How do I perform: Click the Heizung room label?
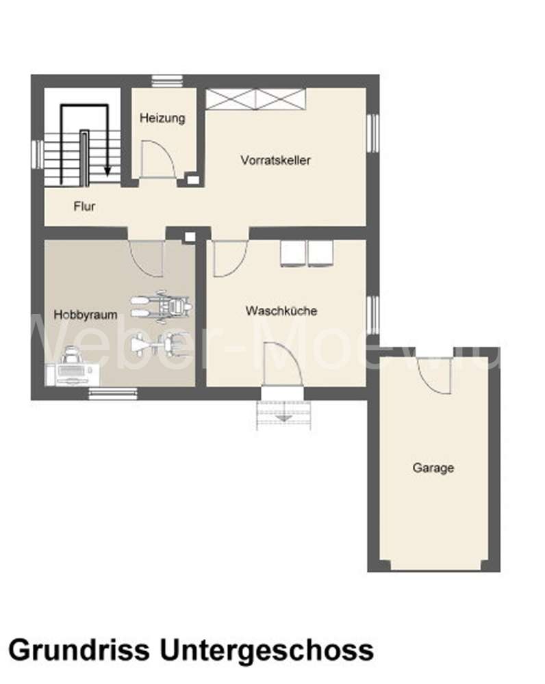point(162,118)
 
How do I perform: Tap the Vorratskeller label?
point(276,160)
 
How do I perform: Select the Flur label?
point(84,205)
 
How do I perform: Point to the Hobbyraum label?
point(86,315)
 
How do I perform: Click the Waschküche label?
point(281,311)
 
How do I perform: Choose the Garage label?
point(433,468)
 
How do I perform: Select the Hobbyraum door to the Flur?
point(147,257)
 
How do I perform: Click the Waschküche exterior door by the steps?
point(282,367)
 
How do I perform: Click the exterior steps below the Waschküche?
point(284,413)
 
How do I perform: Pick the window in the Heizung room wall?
point(164,81)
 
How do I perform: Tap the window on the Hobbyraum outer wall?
point(113,393)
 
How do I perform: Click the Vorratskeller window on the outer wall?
point(373,132)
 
